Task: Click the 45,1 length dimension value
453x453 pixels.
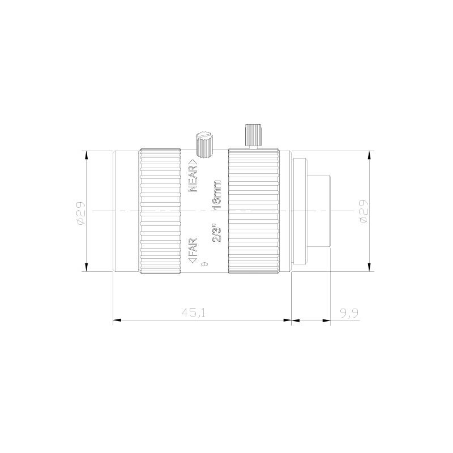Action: coord(194,313)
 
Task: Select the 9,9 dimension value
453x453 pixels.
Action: coord(349,313)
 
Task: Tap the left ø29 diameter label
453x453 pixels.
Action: coord(80,213)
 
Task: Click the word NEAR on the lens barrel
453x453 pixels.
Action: coord(193,179)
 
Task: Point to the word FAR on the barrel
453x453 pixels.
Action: coord(193,247)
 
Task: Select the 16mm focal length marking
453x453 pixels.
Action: coord(216,194)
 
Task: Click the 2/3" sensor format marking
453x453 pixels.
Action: coord(216,233)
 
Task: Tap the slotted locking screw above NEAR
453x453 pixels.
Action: coord(204,145)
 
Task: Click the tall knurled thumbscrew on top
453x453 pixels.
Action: coord(253,135)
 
